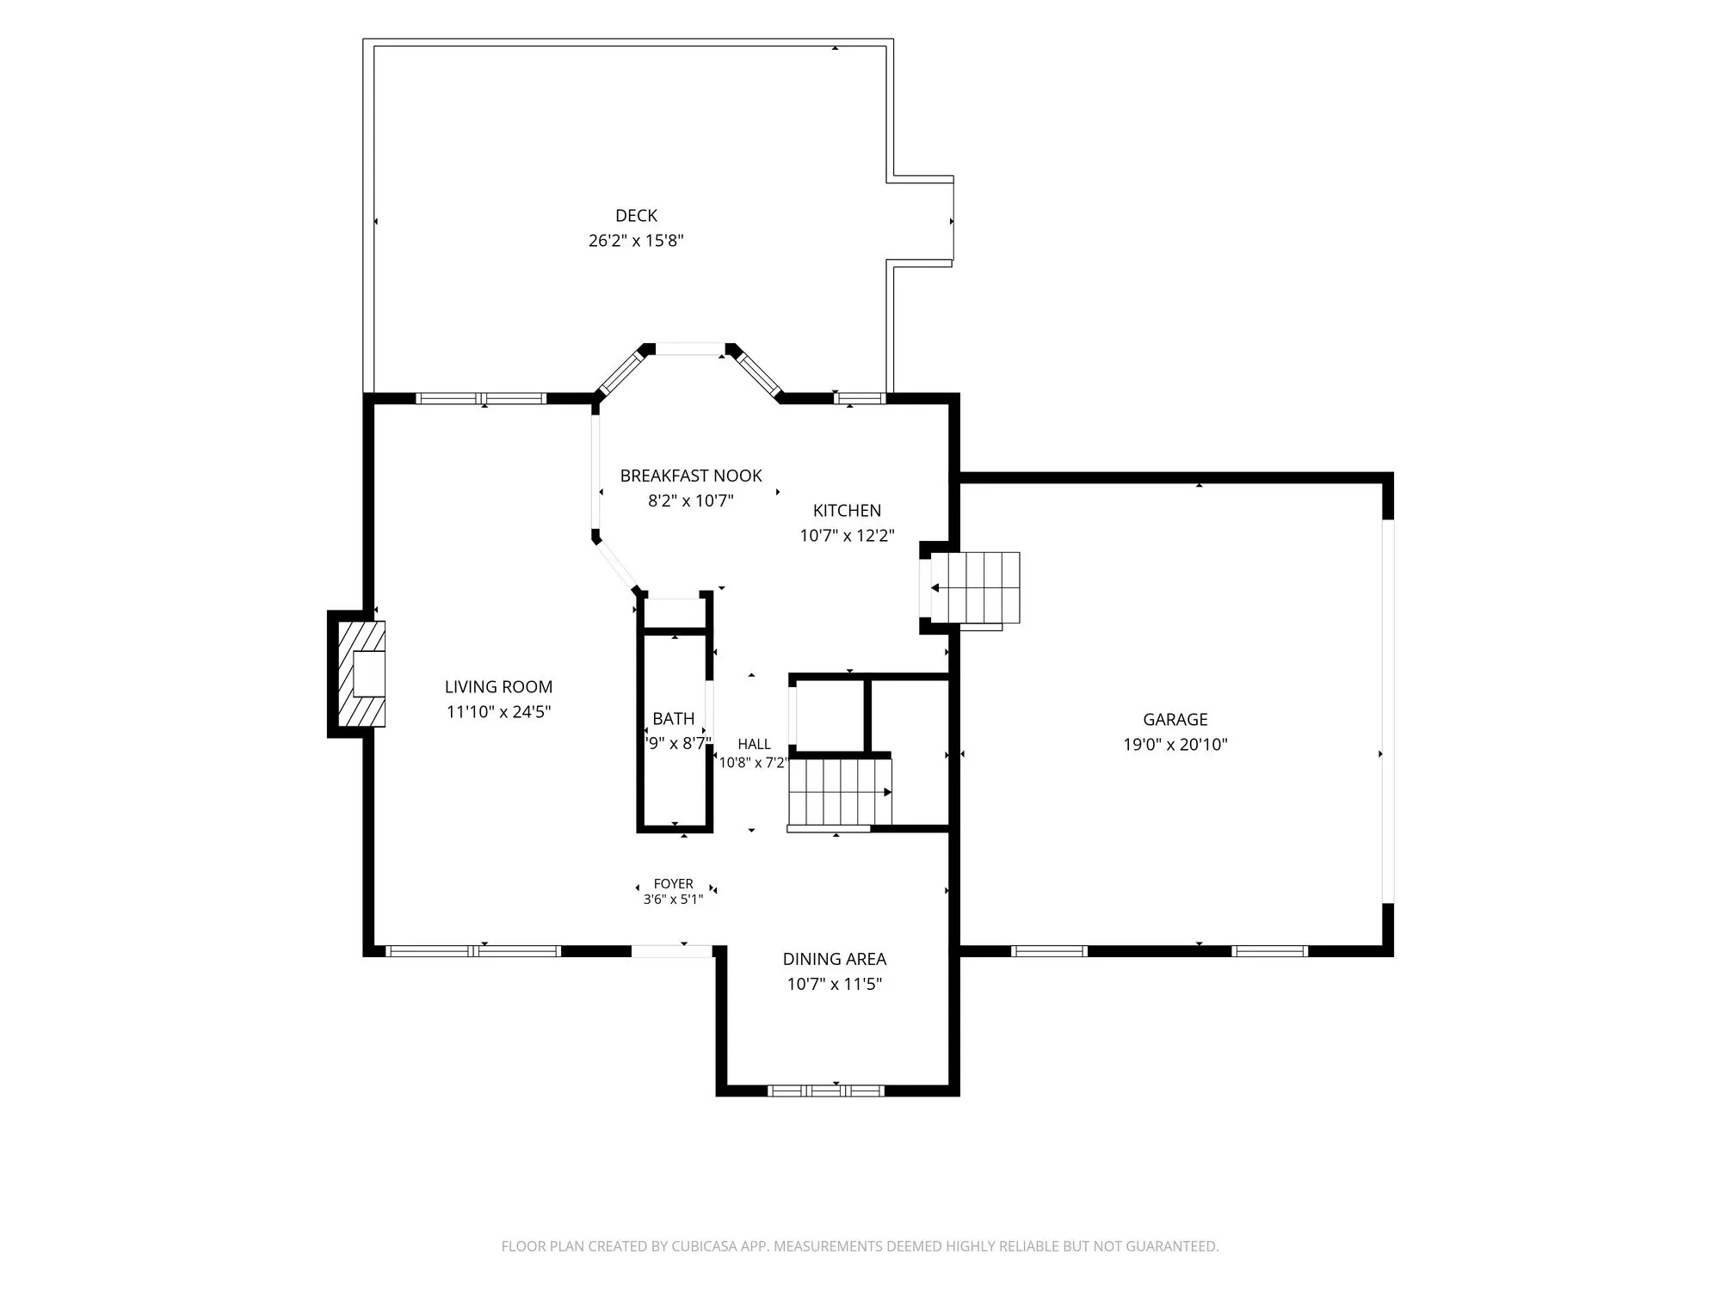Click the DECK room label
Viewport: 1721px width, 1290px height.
[x=636, y=216]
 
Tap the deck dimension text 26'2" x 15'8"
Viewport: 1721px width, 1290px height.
[x=636, y=241]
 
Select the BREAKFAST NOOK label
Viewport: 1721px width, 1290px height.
[x=691, y=476]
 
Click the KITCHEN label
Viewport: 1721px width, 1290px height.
[x=847, y=511]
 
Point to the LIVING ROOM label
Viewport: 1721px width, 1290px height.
[x=498, y=687]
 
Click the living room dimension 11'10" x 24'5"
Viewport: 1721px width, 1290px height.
[x=498, y=712]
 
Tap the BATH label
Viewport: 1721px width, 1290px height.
[x=673, y=719]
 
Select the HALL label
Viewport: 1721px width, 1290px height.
[x=754, y=745]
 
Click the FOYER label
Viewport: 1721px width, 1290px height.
[x=673, y=884]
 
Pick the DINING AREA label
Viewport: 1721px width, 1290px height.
[x=834, y=959]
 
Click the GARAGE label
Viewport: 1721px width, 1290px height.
[x=1175, y=720]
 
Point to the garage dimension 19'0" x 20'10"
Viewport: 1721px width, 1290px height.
[x=1175, y=745]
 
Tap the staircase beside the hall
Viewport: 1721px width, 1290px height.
[x=840, y=792]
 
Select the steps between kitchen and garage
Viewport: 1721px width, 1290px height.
[x=975, y=587]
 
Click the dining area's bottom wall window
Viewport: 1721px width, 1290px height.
[x=825, y=1090]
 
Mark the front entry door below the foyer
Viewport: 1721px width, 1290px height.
[x=672, y=951]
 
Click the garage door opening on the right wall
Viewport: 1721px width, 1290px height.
[x=1387, y=711]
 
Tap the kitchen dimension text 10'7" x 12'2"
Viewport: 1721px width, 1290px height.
[x=847, y=536]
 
